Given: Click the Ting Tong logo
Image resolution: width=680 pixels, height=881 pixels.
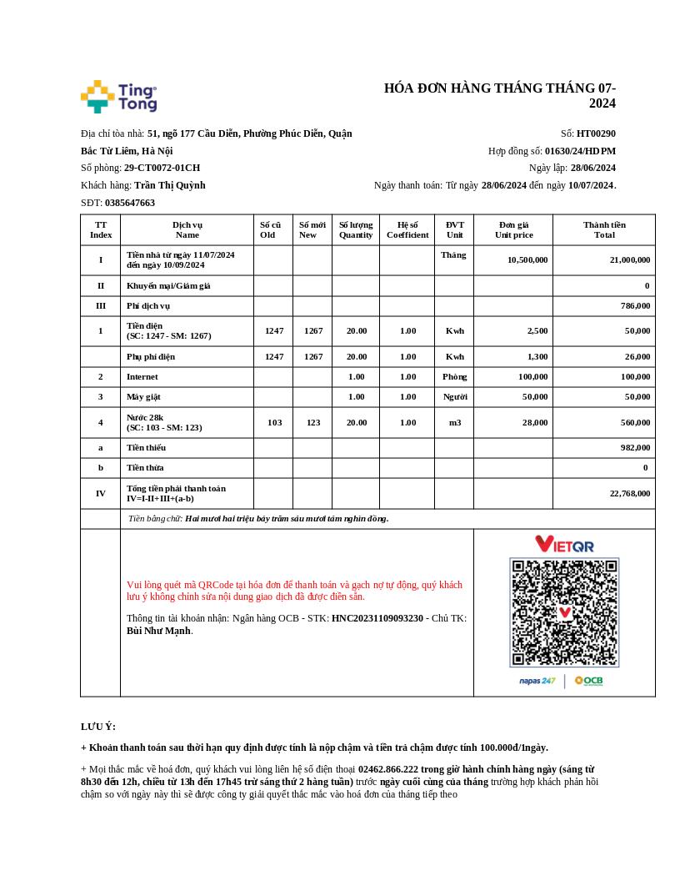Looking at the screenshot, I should [118, 97].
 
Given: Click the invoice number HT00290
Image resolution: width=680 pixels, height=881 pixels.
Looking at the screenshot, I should [596, 133].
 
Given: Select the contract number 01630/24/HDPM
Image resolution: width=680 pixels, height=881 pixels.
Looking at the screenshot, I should [580, 151].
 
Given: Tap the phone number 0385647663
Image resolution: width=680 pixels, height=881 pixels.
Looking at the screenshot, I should [130, 203].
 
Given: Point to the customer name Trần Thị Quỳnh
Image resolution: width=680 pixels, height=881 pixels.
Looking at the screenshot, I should [169, 185].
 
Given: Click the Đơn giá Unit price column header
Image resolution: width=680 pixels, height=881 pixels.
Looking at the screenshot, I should [513, 229].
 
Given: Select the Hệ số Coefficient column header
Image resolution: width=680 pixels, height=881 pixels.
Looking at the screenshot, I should [407, 229].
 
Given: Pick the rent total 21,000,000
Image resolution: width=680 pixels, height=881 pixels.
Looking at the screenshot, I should [629, 259].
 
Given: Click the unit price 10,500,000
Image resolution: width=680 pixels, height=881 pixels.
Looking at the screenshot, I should [527, 259].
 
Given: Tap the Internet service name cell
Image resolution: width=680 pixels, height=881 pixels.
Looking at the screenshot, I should [142, 377].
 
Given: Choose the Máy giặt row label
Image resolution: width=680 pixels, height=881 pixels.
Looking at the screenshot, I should [142, 397].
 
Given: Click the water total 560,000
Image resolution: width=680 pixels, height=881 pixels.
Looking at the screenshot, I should [635, 422].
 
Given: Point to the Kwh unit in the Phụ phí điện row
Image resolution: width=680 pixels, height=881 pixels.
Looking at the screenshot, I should [454, 356].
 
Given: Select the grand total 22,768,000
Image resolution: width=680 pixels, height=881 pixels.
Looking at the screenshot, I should [629, 493].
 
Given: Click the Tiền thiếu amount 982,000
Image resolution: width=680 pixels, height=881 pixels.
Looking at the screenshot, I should [635, 448].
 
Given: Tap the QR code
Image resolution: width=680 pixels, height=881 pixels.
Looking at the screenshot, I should [564, 612].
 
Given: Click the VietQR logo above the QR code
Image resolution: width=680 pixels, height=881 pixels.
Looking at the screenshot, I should [564, 544].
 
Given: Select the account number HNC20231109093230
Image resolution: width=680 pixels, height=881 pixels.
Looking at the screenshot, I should [377, 618].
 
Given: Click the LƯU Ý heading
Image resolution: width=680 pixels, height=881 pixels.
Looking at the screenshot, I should [98, 727].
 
